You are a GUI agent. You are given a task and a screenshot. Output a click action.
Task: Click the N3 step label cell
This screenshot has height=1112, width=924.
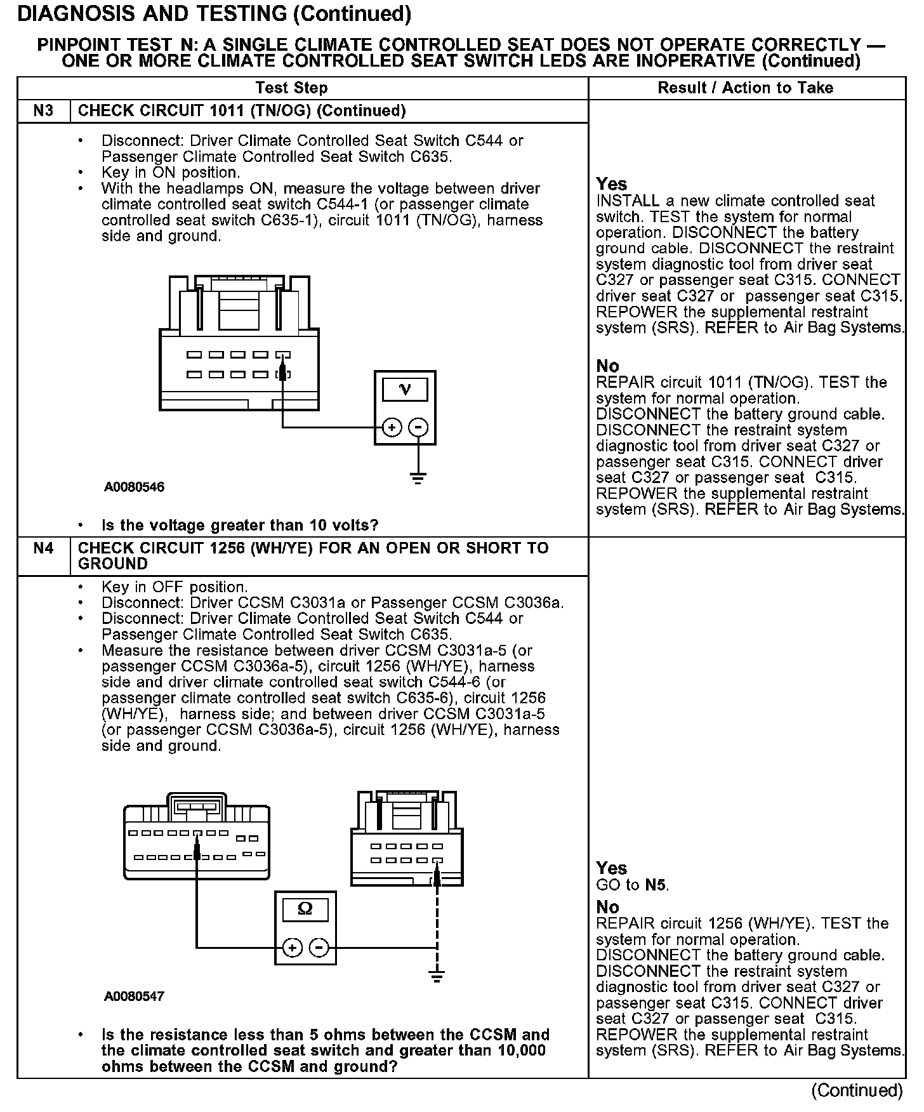coord(43,111)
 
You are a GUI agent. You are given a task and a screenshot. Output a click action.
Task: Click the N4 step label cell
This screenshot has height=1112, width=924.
coord(43,548)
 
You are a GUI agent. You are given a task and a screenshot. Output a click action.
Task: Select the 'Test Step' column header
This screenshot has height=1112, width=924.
coord(291,88)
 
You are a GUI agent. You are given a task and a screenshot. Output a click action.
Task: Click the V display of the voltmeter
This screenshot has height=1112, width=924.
coord(405,389)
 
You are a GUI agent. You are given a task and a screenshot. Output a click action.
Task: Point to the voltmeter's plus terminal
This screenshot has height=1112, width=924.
coord(392,427)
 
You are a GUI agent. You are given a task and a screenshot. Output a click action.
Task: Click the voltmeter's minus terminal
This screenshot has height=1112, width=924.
coord(418,427)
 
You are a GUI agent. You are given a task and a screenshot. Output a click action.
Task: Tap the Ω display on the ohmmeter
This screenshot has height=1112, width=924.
coord(305,910)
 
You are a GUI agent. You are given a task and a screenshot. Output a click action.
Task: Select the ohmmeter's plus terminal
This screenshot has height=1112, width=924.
coord(292,948)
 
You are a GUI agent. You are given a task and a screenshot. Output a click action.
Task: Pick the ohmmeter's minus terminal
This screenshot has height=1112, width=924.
coord(319,948)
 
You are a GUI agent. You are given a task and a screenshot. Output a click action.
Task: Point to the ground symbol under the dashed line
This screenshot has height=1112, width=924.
coord(436,976)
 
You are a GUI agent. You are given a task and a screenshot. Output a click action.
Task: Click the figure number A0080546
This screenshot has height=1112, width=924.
coord(134,487)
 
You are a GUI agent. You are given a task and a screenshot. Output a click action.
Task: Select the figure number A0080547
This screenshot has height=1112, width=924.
coord(134,996)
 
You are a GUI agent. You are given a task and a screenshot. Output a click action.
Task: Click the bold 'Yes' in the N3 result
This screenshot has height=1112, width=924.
coord(612,184)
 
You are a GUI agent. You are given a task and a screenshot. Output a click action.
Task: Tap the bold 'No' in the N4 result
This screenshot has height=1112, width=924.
coord(607,907)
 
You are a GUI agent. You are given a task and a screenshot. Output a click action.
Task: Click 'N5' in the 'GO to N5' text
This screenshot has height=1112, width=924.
coord(656,885)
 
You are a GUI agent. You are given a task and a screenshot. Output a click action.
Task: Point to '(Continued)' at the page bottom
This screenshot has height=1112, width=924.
coord(857,1090)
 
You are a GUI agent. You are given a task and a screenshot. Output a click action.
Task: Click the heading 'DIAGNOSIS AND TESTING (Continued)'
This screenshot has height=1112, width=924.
coord(214,14)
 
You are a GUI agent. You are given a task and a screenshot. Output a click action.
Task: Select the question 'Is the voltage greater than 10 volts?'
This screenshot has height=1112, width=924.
coord(240,526)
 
